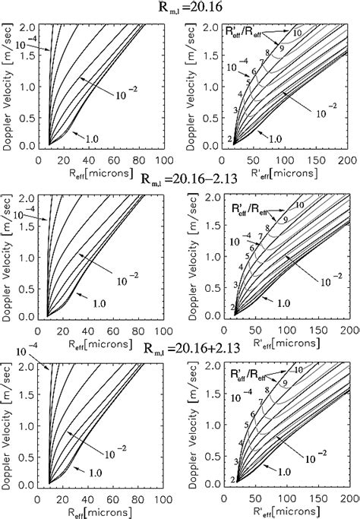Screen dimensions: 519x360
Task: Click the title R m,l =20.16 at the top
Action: (180, 9)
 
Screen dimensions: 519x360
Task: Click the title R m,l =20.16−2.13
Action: (180, 179)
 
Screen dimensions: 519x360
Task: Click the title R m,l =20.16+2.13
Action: (180, 350)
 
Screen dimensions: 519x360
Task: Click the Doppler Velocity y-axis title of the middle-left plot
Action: (9, 256)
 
